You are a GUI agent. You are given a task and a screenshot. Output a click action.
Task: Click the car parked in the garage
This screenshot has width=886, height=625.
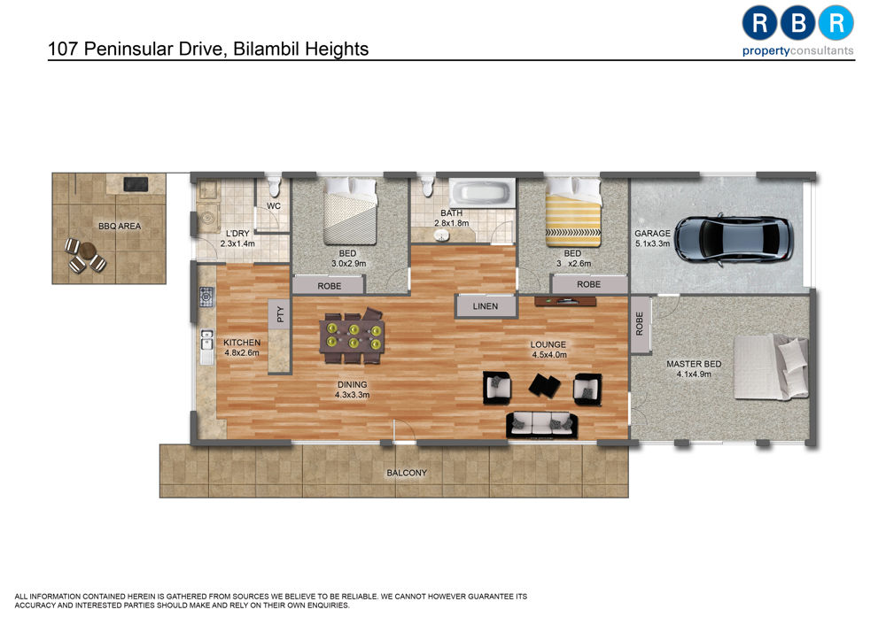734,238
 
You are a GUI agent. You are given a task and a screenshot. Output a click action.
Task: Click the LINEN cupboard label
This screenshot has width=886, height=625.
486,306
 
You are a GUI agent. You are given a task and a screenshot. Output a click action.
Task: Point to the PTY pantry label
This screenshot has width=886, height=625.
280,314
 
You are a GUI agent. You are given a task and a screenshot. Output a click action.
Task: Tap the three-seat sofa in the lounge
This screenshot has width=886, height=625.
542,425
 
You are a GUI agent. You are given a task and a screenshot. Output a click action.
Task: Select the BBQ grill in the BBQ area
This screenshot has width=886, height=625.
136,184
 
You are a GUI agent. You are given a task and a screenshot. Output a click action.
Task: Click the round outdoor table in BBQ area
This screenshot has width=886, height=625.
87,251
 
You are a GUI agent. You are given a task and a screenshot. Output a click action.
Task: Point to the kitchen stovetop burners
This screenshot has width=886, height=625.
206,297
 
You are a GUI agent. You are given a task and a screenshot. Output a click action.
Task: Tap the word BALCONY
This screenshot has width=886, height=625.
407,473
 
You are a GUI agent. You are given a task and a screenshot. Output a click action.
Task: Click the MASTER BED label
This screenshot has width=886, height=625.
694,364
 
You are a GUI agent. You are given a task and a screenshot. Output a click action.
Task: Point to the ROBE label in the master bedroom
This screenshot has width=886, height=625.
640,324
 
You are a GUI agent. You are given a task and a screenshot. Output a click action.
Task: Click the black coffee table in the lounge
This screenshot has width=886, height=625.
544,386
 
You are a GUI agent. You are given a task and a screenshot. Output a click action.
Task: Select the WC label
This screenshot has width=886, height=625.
274,206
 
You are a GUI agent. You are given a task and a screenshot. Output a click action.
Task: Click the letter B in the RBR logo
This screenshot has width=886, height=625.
797,23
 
